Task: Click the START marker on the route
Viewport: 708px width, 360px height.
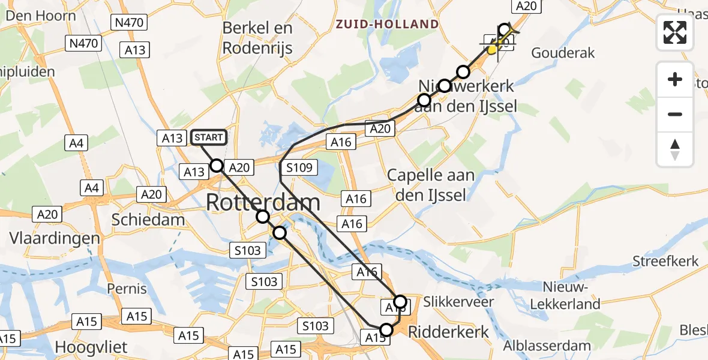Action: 209,138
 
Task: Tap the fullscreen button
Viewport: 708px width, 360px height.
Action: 675,32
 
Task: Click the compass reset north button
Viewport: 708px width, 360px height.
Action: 675,149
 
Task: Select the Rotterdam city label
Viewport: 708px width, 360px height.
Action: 263,203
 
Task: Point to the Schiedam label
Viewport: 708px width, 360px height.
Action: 148,220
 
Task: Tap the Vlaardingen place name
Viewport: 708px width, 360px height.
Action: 55,238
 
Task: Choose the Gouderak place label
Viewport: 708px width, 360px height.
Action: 563,53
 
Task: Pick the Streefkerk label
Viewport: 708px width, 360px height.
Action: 666,261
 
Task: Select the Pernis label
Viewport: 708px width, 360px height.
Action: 127,289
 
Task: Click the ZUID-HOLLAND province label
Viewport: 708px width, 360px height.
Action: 387,25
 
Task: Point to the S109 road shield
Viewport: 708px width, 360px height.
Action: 299,168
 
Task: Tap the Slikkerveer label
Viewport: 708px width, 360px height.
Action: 458,301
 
